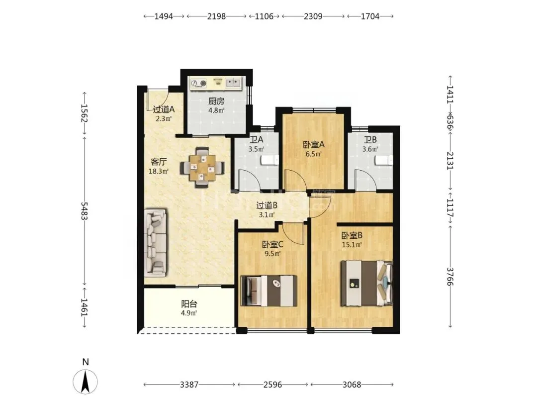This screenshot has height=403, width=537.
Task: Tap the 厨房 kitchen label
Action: tap(216, 101)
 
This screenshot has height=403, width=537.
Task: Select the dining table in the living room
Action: tap(203, 167)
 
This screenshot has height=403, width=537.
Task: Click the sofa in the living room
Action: tap(156, 243)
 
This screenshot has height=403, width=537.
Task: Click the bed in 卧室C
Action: tap(269, 291)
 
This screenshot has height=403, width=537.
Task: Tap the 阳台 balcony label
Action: tap(189, 304)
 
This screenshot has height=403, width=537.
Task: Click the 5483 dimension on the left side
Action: tap(84, 211)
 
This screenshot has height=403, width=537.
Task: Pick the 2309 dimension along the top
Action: tap(313, 16)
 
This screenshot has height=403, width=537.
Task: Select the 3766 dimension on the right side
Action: tap(450, 277)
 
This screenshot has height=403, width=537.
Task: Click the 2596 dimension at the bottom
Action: tap(272, 385)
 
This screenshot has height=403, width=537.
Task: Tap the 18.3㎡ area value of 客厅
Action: tap(159, 171)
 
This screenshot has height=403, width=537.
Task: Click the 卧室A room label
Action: tap(314, 145)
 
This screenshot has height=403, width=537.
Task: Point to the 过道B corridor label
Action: tap(267, 205)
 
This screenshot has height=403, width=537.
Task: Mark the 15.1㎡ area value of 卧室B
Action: tap(352, 245)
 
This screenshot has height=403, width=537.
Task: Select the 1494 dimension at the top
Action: tap(164, 16)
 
